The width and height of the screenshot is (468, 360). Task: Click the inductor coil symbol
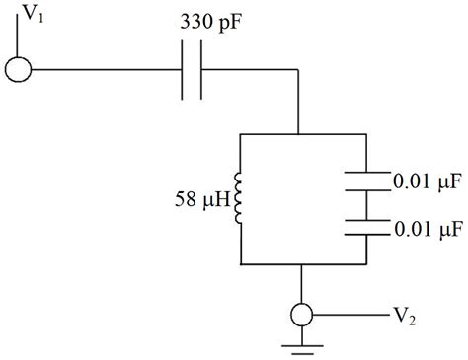click(x=240, y=197)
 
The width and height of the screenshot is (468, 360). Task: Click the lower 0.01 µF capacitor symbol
click(x=367, y=228)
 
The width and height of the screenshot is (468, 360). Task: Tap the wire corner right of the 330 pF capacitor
click(x=298, y=70)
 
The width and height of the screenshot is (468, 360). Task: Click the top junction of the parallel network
click(x=298, y=134)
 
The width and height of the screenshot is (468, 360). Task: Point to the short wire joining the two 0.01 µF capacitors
click(x=367, y=204)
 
